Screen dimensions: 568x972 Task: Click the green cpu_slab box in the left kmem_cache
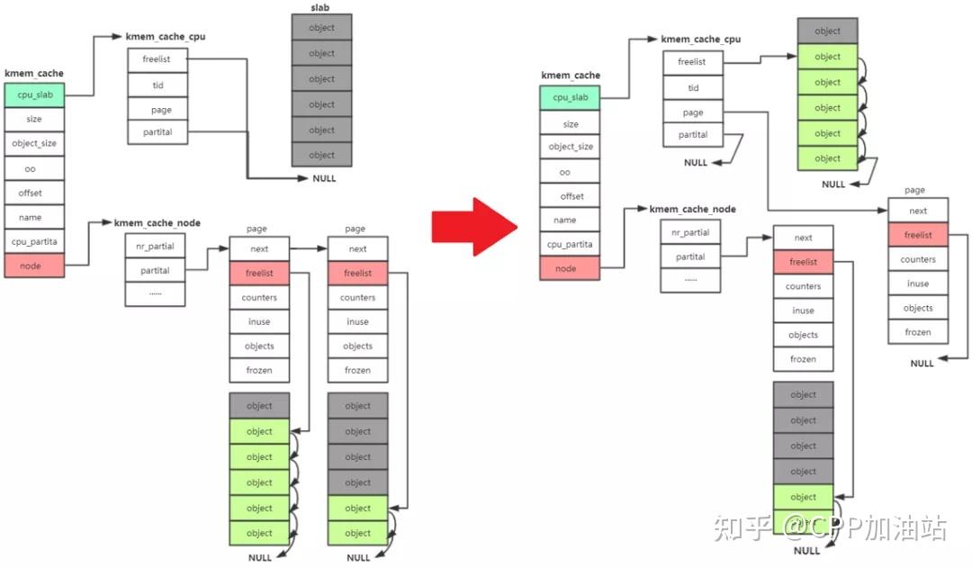(x=34, y=95)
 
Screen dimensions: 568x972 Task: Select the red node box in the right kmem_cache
(x=570, y=268)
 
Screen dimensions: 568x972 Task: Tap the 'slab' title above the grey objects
(x=321, y=7)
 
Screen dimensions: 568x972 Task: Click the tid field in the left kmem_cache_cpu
(x=157, y=86)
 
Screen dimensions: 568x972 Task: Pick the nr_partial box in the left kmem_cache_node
(x=156, y=245)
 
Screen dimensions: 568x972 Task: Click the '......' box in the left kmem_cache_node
(x=156, y=293)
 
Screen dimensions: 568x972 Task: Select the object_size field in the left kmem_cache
(x=34, y=143)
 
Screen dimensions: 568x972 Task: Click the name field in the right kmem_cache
(x=570, y=220)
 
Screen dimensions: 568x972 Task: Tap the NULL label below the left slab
(x=324, y=178)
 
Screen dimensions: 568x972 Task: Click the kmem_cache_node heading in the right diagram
(x=692, y=209)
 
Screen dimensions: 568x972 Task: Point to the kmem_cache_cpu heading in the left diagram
(x=166, y=37)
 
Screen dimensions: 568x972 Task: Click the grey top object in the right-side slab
(x=827, y=31)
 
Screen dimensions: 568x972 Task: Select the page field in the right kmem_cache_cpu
(x=693, y=113)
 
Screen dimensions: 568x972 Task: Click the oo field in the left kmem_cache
(x=34, y=167)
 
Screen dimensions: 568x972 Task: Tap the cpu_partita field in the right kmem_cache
(x=570, y=244)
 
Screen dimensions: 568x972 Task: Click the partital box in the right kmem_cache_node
(x=690, y=257)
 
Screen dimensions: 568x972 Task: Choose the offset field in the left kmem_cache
(x=34, y=193)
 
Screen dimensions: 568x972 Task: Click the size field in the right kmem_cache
(x=570, y=124)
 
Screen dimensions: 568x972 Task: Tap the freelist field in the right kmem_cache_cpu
(x=693, y=63)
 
